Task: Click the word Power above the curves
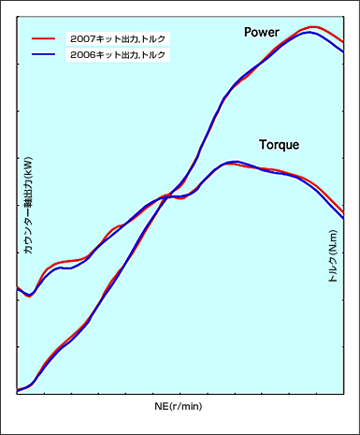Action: tap(261, 32)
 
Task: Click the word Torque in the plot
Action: tap(279, 145)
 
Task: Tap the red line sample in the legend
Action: tap(43, 38)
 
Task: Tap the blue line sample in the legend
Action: tap(43, 54)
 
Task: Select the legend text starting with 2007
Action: tap(118, 39)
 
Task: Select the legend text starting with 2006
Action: tap(118, 54)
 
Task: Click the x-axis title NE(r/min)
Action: tap(179, 406)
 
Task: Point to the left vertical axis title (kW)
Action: tap(28, 205)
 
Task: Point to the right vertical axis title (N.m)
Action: tap(333, 256)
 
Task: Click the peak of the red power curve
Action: tap(313, 27)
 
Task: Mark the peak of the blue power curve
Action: tap(310, 33)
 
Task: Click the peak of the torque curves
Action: tap(234, 163)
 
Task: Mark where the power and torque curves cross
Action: tap(166, 196)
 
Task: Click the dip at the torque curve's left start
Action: tap(29, 295)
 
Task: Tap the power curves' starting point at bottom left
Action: tap(17, 390)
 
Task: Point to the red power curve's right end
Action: tap(343, 42)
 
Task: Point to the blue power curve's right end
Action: tap(343, 51)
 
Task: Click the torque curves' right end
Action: tap(343, 215)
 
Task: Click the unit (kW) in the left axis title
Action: tap(28, 165)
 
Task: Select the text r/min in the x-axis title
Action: tap(186, 406)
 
